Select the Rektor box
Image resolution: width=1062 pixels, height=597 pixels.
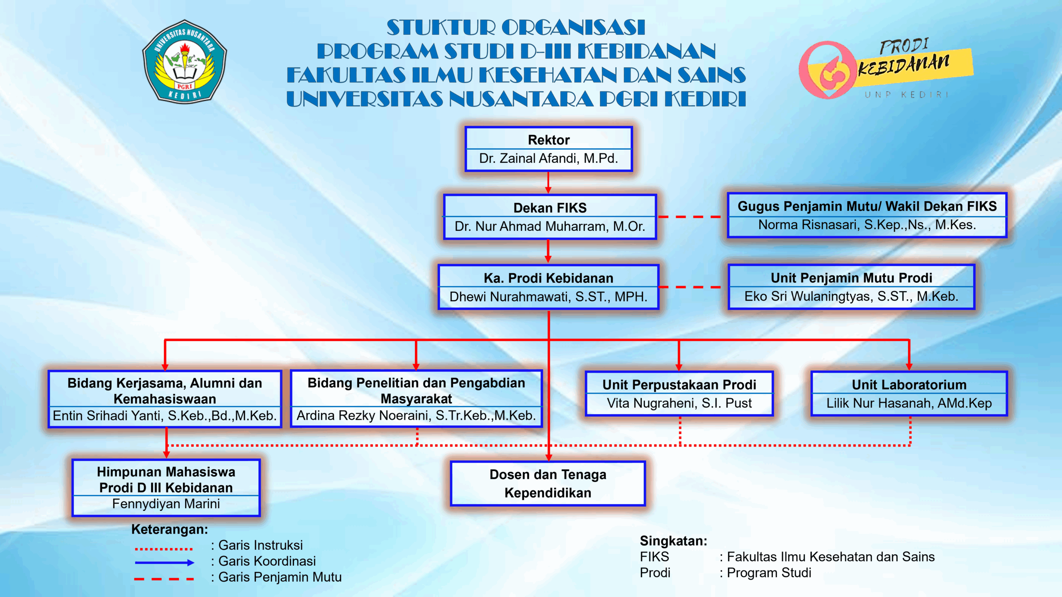(x=548, y=149)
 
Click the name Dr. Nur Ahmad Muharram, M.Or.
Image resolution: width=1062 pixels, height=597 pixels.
(x=550, y=226)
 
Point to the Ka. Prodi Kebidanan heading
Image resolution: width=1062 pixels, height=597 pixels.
(x=548, y=278)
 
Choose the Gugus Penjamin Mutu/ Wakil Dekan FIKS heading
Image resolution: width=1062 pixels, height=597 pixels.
(x=867, y=206)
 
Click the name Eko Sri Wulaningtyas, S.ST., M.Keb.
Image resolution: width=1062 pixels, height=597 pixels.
(x=851, y=296)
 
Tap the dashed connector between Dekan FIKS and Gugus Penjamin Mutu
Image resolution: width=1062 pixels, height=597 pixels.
(x=692, y=217)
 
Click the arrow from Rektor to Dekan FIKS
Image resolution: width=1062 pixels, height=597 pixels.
(x=548, y=182)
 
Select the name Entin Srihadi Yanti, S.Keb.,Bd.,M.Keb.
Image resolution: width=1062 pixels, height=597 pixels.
(x=165, y=415)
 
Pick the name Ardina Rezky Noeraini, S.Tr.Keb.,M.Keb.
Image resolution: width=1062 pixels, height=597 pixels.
(x=416, y=415)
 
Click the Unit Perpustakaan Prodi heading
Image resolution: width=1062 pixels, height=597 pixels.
(x=679, y=385)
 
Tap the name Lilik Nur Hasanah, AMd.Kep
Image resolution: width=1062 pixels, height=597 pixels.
(x=909, y=403)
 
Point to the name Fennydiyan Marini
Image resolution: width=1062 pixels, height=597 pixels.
(x=166, y=504)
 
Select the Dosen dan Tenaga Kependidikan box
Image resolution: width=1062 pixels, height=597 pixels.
(x=548, y=483)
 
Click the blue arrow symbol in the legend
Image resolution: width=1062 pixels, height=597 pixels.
(x=164, y=563)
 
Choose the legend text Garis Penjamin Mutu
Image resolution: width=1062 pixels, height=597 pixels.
(x=280, y=577)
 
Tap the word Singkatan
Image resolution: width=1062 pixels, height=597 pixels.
(x=673, y=541)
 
